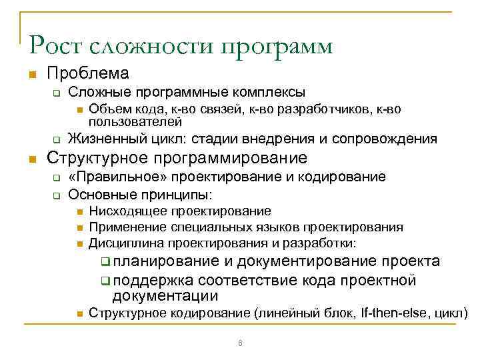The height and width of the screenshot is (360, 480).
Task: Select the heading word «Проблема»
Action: (87, 73)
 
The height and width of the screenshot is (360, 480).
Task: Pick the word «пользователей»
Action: (135, 122)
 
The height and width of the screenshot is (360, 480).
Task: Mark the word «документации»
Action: (165, 296)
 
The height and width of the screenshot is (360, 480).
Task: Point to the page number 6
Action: (240, 343)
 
